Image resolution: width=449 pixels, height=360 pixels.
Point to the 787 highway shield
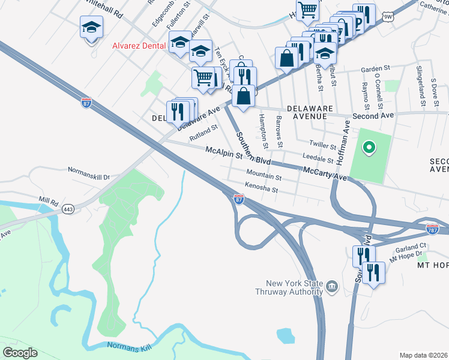pyautogui.click(x=432, y=229)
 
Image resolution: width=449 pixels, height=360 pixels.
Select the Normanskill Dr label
pyautogui.click(x=89, y=177)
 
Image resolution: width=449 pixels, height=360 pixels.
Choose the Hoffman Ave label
pyautogui.click(x=343, y=143)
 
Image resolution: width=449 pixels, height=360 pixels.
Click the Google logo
pyautogui.click(x=20, y=353)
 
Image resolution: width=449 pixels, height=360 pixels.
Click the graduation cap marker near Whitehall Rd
pyautogui.click(x=91, y=27)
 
